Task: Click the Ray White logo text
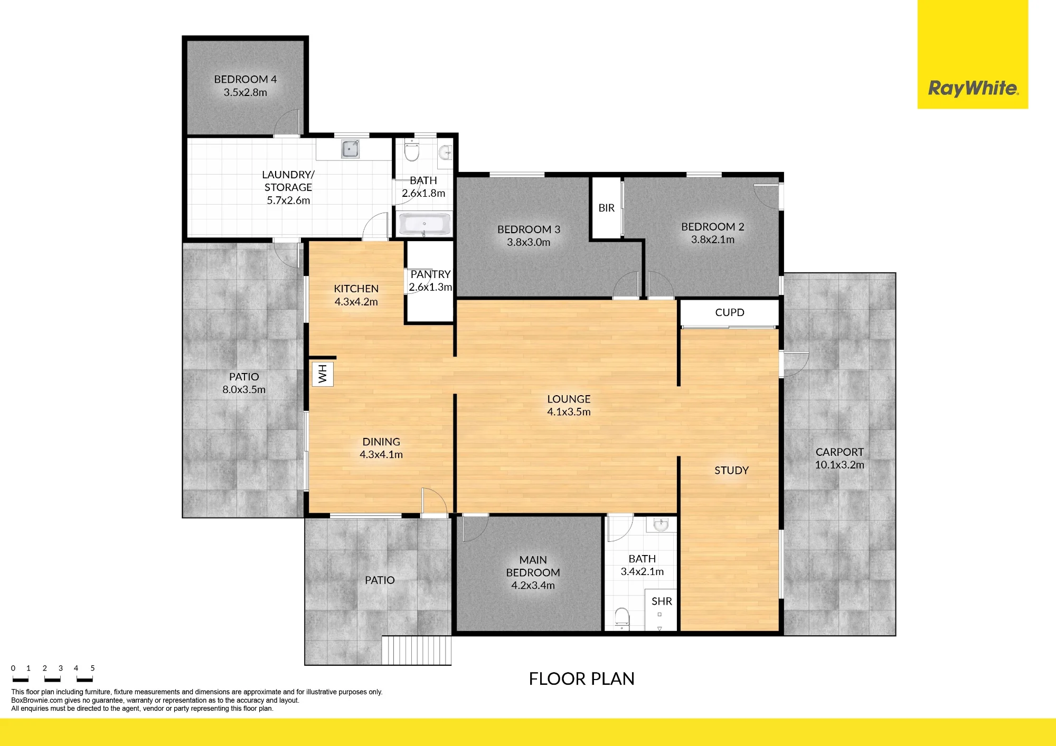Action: (x=973, y=88)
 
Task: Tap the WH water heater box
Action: (x=323, y=374)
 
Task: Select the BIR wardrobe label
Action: (x=606, y=208)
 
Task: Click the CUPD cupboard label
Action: (x=730, y=312)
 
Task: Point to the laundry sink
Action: (x=350, y=149)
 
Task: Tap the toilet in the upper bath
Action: (x=411, y=150)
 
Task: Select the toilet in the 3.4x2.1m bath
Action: (x=622, y=618)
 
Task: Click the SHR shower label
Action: (x=662, y=601)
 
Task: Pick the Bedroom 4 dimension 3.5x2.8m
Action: (x=245, y=92)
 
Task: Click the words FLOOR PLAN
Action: (x=581, y=678)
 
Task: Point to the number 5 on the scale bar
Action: (x=92, y=668)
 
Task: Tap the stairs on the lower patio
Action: (x=417, y=650)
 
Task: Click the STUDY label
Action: (x=731, y=470)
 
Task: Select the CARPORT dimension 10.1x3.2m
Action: (x=840, y=465)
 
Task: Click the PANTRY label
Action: (x=430, y=274)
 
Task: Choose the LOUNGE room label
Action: (x=569, y=399)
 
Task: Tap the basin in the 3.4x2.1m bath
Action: (x=661, y=524)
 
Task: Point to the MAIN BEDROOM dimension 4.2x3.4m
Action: (x=533, y=585)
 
